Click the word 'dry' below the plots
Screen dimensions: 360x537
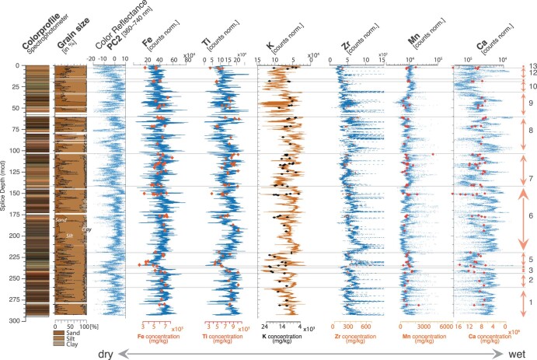point(109,353)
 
